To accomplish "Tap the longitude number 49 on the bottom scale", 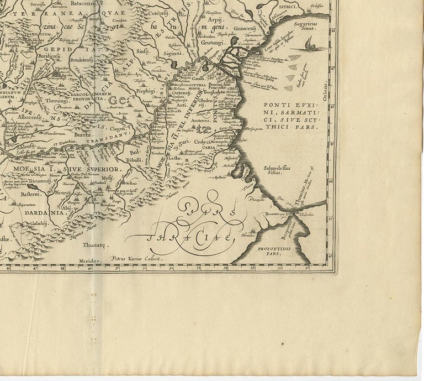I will [x=89, y=270].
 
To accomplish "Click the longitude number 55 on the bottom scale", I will [x=251, y=269].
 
